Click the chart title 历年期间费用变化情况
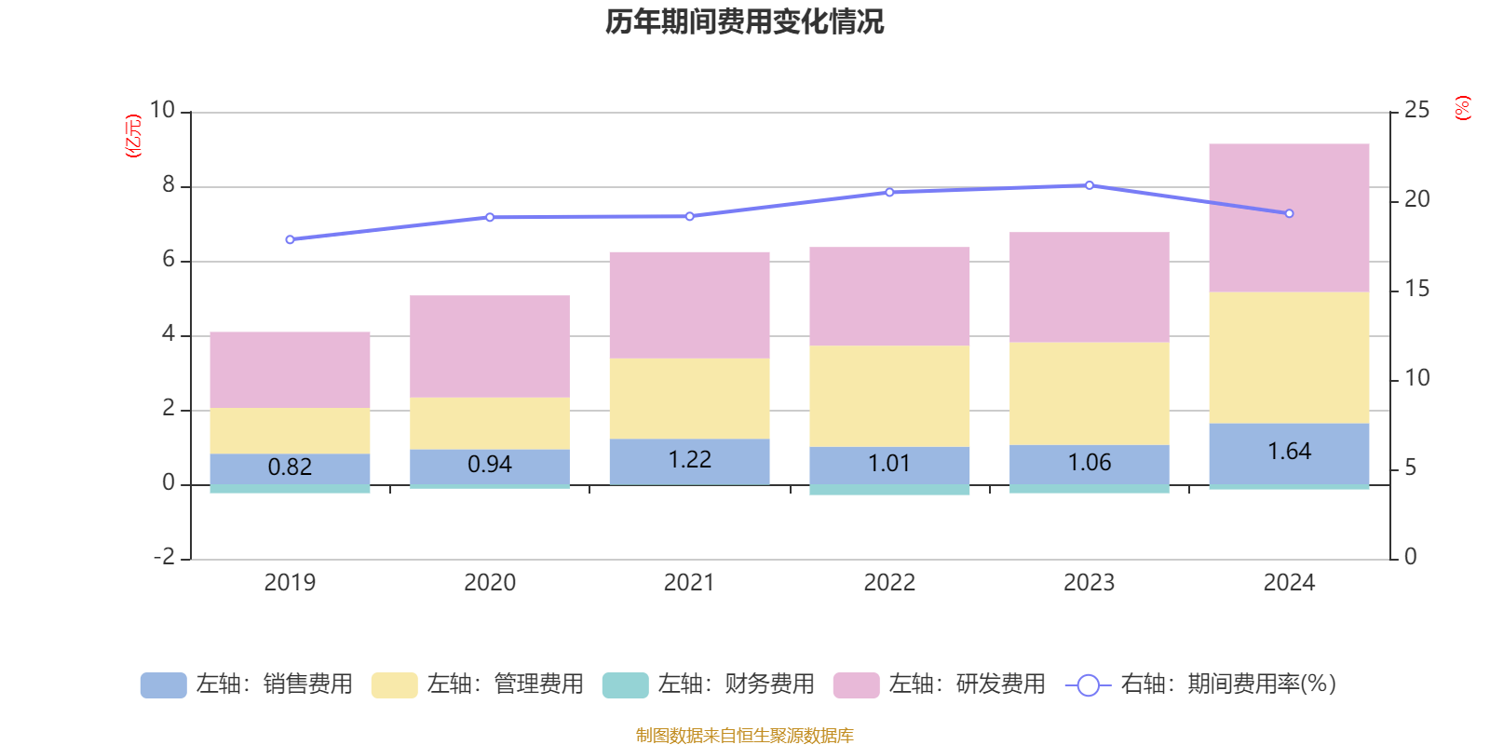click(x=744, y=21)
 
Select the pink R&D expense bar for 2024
click(x=1289, y=218)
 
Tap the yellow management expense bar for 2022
click(x=889, y=396)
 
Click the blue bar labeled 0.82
click(x=290, y=468)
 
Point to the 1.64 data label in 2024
click(x=1289, y=452)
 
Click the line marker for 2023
click(x=1090, y=185)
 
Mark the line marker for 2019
click(x=290, y=239)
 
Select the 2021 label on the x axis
click(x=689, y=583)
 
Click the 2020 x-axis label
click(x=490, y=583)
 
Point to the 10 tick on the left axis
click(x=162, y=110)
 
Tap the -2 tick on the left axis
click(x=164, y=557)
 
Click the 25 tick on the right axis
click(x=1416, y=110)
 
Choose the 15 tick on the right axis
click(x=1416, y=289)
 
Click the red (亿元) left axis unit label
click(x=133, y=136)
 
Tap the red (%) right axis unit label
click(x=1463, y=108)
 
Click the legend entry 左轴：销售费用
click(x=247, y=684)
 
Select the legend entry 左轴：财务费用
click(x=709, y=684)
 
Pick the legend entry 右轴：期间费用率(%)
click(x=1201, y=684)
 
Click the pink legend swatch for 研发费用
click(x=856, y=685)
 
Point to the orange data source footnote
click(x=744, y=736)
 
